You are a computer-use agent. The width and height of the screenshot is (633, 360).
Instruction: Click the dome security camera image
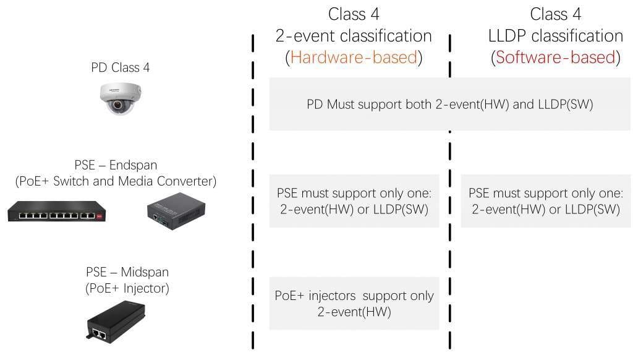pos(121,98)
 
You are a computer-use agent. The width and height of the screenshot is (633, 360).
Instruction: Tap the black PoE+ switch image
pos(56,212)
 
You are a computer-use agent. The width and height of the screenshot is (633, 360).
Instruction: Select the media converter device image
pos(176,210)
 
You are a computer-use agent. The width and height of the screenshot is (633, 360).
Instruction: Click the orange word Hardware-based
pos(354,58)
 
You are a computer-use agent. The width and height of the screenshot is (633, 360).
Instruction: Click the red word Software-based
pos(556,58)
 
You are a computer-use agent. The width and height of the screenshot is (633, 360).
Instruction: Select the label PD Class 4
pos(121,67)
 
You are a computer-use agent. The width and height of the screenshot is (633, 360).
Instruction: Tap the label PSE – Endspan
pos(116,165)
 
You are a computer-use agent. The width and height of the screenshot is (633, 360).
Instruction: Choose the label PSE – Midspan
pos(127,272)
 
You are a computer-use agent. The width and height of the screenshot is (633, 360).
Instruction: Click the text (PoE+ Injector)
pos(127,288)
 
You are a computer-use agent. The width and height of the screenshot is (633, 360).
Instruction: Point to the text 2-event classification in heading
pos(354,35)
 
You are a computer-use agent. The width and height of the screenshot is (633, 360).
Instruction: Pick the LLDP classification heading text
pos(556,35)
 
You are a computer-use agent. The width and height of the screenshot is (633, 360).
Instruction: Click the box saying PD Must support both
pos(450,104)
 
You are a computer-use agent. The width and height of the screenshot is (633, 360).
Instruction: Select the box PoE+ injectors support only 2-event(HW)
pos(354,304)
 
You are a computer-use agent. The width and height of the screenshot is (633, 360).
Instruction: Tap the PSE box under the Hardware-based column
pos(354,201)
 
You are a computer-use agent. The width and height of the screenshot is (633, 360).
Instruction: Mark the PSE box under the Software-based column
pos(545,201)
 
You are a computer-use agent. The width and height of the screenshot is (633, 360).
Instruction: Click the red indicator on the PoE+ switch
pos(100,216)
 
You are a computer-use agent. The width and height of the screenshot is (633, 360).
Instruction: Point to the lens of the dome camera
pos(118,105)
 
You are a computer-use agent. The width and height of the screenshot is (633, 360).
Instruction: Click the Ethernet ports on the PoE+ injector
pos(99,334)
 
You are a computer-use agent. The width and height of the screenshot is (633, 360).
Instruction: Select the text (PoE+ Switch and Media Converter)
pos(116,181)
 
